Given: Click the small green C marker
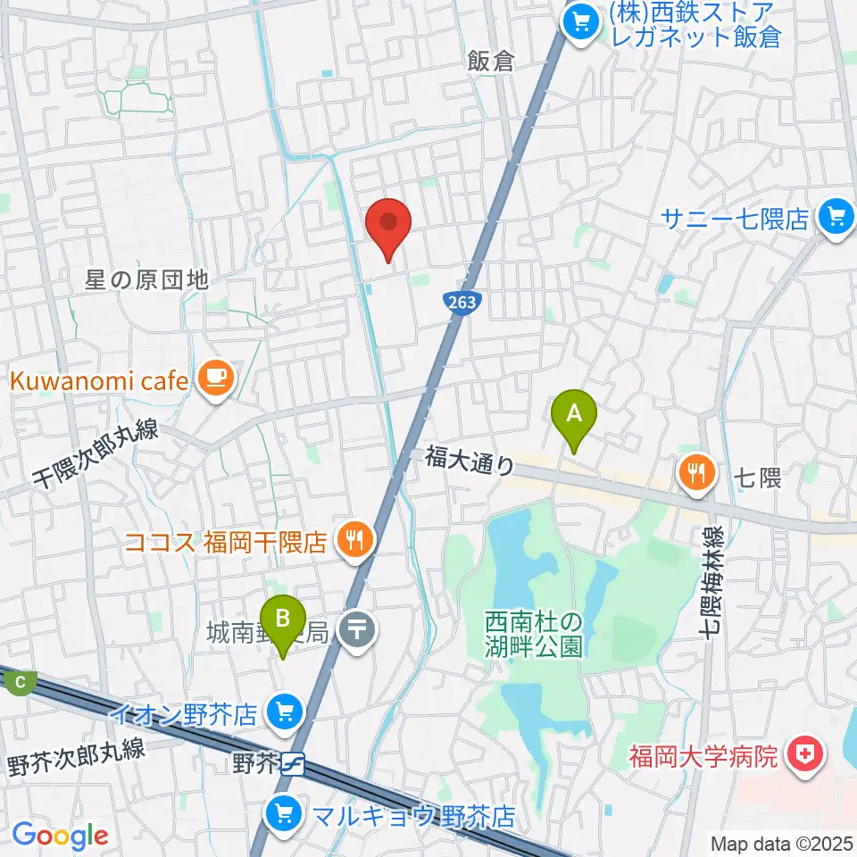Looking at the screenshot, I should pyautogui.click(x=20, y=684).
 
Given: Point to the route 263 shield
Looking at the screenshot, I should pyautogui.click(x=462, y=303).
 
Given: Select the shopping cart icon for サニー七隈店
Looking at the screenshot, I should pyautogui.click(x=836, y=217).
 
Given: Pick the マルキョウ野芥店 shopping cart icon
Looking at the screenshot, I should pyautogui.click(x=284, y=814).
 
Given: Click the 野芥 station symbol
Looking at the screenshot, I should pyautogui.click(x=295, y=764).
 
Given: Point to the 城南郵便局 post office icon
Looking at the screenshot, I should pyautogui.click(x=358, y=634).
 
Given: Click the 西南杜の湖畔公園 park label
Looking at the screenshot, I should pyautogui.click(x=534, y=633).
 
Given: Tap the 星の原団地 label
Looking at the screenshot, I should pyautogui.click(x=147, y=280).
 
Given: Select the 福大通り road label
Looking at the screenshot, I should pyautogui.click(x=470, y=460).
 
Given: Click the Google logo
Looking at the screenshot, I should pyautogui.click(x=61, y=836).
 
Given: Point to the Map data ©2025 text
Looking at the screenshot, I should pyautogui.click(x=780, y=843).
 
